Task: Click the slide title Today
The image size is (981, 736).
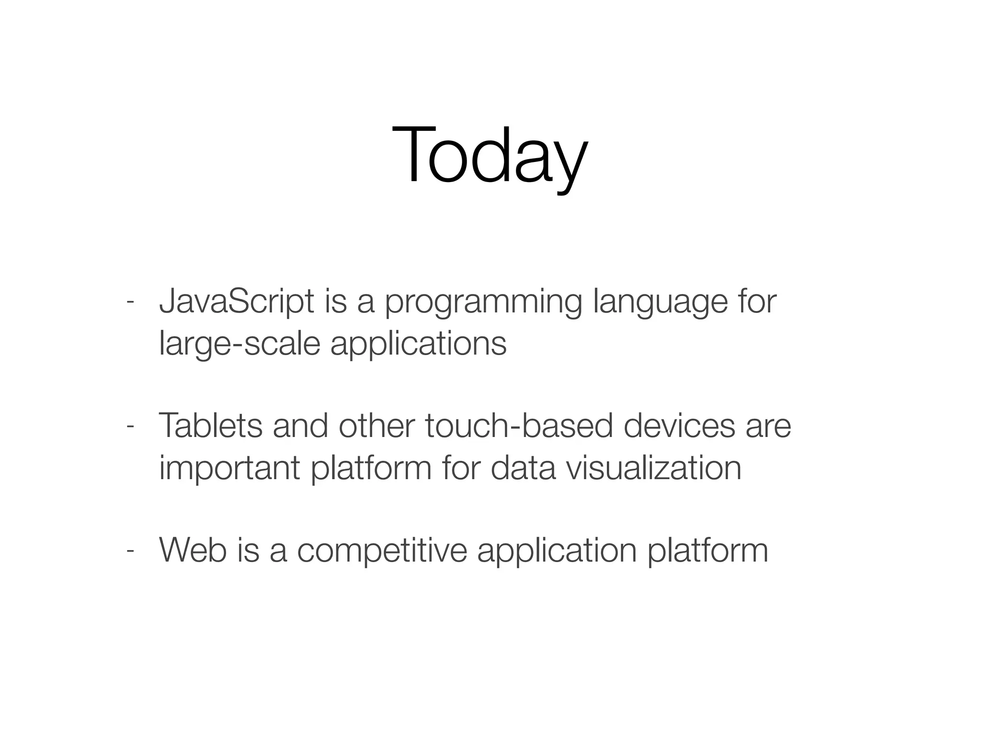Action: coord(490,156)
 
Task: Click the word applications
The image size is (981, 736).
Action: coord(418,345)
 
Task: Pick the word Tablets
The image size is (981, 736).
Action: coord(210,426)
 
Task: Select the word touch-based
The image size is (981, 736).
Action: coord(519,426)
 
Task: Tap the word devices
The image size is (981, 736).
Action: coord(679,426)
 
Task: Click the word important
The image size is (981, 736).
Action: coord(229,469)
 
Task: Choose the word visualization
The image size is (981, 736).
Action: coord(653,468)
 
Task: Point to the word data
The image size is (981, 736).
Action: coord(523,468)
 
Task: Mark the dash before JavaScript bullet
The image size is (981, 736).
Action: coord(129,302)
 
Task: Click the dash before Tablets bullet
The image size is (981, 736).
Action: coord(129,426)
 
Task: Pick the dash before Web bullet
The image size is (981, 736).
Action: coord(129,551)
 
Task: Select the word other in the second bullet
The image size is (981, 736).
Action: coord(376,426)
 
